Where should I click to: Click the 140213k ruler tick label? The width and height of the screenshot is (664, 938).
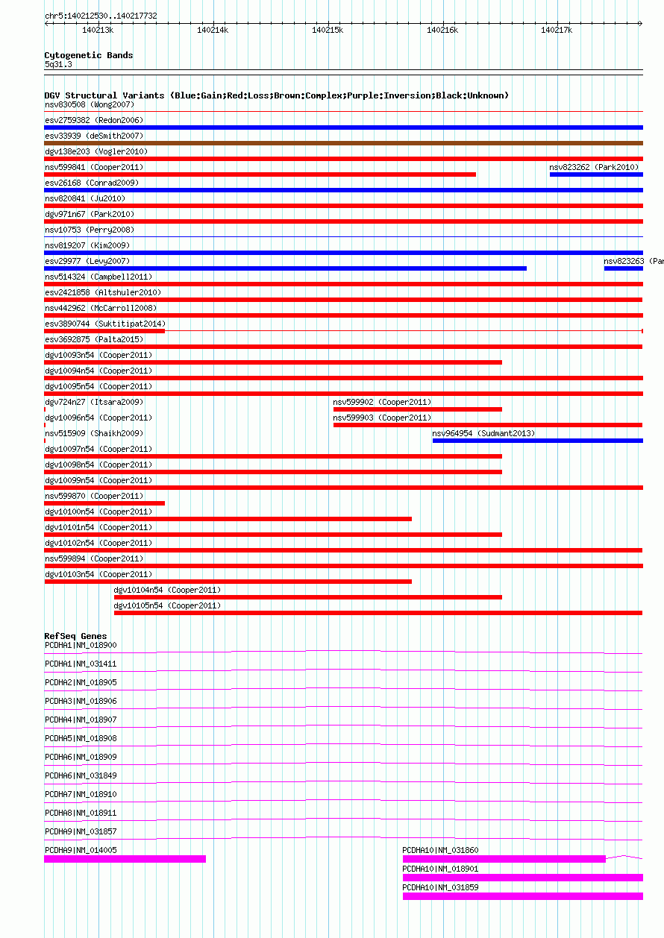click(x=97, y=30)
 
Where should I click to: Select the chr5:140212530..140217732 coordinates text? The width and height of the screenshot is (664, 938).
click(x=101, y=16)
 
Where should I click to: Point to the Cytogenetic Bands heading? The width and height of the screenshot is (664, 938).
click(x=89, y=55)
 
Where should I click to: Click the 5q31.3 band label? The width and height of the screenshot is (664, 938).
click(x=58, y=64)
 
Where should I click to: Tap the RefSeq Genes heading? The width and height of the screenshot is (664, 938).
click(x=75, y=636)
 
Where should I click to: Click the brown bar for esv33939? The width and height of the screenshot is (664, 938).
click(x=343, y=143)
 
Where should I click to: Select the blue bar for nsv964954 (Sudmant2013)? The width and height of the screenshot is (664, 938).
click(x=537, y=441)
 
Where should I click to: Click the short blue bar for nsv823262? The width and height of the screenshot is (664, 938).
click(x=595, y=174)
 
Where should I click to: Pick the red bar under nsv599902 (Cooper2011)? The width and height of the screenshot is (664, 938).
click(x=417, y=409)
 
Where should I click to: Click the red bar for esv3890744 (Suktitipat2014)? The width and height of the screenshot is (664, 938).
click(x=104, y=331)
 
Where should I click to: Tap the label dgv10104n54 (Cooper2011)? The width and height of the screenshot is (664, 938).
click(x=167, y=590)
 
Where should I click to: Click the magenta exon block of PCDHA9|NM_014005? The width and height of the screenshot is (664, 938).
click(x=125, y=859)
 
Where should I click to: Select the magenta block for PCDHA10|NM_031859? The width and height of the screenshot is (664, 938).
click(x=522, y=896)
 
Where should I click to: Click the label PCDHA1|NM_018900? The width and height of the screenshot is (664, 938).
click(x=81, y=645)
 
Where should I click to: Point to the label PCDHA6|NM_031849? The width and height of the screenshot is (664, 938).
click(x=81, y=775)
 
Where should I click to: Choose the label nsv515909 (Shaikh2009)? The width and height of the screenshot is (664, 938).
click(x=94, y=433)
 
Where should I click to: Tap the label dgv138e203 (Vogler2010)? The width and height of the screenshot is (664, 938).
click(x=96, y=151)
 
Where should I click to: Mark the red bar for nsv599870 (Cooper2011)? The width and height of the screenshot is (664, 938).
click(x=104, y=503)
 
